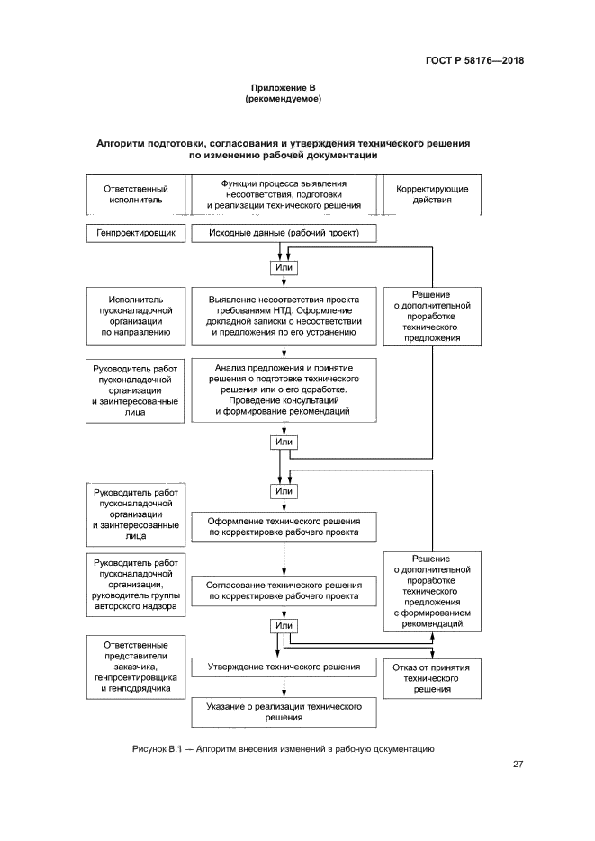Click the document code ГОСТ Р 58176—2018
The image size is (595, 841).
coord(473,61)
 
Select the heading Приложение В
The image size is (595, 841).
coord(284,87)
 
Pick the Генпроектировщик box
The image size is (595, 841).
coord(136,234)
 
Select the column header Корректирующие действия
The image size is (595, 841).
coord(424,194)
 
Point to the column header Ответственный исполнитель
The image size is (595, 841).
coord(136,194)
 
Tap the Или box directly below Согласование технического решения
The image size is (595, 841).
coord(284,625)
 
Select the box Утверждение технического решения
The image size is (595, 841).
coord(284,667)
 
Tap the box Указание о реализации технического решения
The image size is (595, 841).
coord(284,712)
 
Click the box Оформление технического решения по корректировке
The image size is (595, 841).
coord(284,527)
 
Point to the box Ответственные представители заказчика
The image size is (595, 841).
coord(136,667)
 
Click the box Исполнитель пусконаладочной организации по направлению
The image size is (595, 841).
coord(136,317)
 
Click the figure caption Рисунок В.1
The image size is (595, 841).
coord(284,748)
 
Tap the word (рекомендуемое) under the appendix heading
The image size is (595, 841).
coord(284,99)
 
